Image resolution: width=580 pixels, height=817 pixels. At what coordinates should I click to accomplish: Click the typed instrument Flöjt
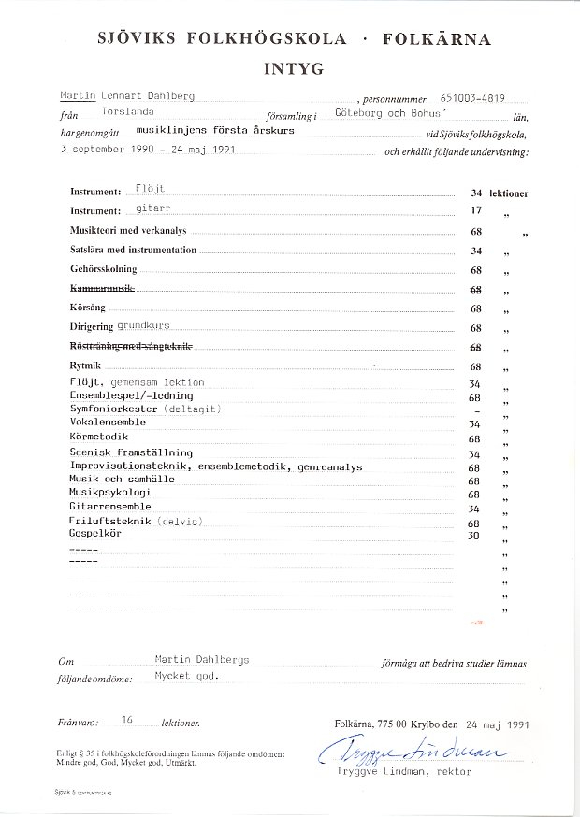click(x=150, y=189)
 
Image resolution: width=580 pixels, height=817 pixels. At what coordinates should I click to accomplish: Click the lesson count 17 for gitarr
click(x=476, y=211)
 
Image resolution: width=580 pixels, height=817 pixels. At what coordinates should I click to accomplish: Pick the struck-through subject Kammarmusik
click(x=103, y=289)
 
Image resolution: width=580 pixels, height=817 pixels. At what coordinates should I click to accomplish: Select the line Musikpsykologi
click(x=109, y=492)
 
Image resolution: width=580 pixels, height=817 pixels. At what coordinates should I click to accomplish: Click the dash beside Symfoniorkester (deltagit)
click(x=476, y=411)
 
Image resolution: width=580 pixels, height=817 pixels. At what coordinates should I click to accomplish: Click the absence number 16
click(x=129, y=721)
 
